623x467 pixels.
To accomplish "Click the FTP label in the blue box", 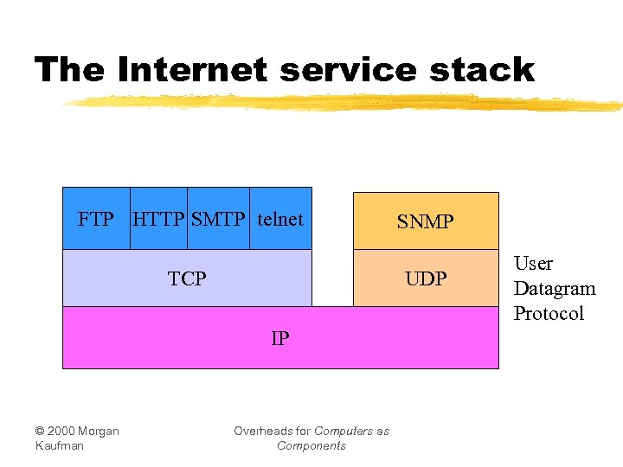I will (95, 219).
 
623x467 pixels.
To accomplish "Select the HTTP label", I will (158, 219).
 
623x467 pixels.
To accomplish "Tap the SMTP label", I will (218, 219).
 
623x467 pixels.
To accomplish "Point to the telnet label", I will (280, 219).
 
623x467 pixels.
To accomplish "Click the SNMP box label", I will (425, 222).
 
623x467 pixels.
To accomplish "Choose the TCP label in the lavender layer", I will (187, 278).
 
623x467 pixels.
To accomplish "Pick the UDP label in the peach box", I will (426, 278).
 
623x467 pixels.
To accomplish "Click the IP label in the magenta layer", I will (279, 338).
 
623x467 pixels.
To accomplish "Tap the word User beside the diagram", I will (533, 263).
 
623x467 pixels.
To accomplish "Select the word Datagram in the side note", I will (555, 288).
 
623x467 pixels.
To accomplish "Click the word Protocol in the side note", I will (549, 313).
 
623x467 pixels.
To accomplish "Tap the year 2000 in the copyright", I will (62, 431).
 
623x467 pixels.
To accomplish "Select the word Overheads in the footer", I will (260, 431).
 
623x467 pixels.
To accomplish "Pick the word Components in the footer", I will (311, 445).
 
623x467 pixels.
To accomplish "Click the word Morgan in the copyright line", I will (100, 431).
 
